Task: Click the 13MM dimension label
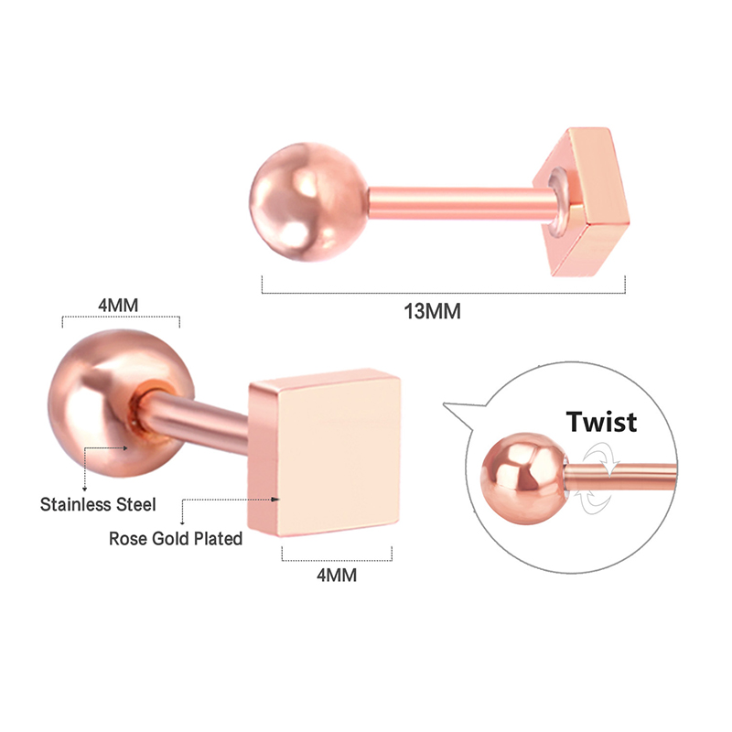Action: [432, 311]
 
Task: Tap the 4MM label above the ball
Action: [118, 306]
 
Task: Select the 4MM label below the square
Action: [337, 576]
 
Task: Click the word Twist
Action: [601, 422]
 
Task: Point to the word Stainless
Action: [75, 505]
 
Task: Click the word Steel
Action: [135, 505]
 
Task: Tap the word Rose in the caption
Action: [124, 539]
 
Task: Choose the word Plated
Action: [219, 539]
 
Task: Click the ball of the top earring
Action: [308, 201]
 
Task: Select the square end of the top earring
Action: [584, 200]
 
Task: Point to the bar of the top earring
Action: [462, 202]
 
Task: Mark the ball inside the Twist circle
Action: [524, 479]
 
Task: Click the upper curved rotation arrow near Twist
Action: [602, 457]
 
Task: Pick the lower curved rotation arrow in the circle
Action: [594, 501]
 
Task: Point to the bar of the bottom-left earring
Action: [196, 418]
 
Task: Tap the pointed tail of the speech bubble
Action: [445, 404]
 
